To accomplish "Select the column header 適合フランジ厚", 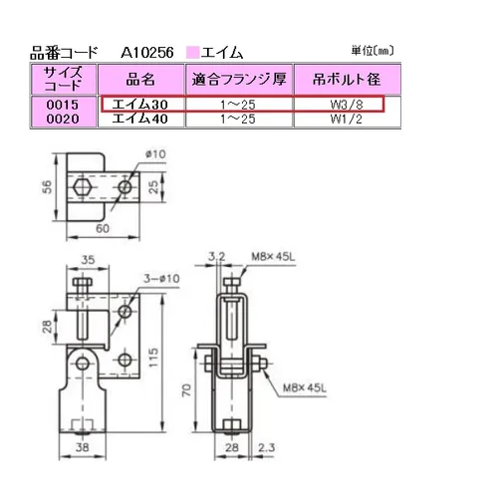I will tap(239, 79).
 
